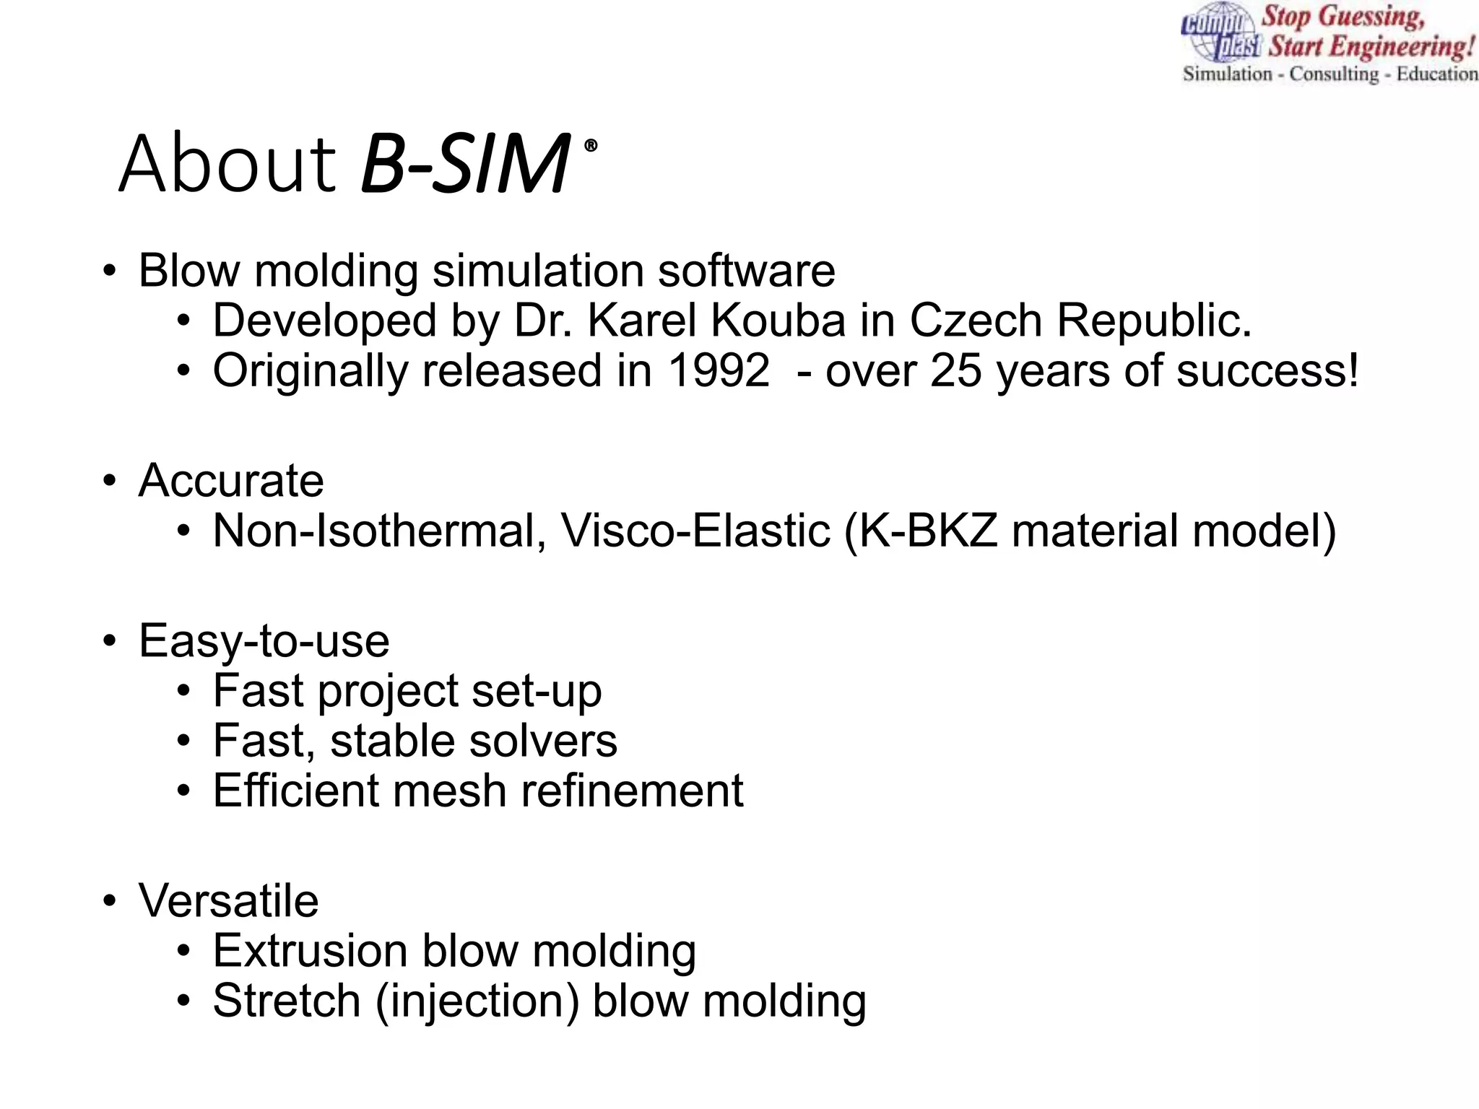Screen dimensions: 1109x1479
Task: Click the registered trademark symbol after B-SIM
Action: [591, 146]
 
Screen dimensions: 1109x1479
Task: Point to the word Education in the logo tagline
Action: [1436, 74]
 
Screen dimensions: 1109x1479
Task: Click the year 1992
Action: [719, 371]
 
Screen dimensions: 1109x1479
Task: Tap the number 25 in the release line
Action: [956, 371]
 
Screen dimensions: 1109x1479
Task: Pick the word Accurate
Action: [231, 481]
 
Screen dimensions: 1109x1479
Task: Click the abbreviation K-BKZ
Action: [928, 531]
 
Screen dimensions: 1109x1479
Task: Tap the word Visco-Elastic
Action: [696, 531]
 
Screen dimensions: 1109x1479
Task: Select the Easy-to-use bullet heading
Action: [264, 641]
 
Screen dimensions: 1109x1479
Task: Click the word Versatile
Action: [228, 901]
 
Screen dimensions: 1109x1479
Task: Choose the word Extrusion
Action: [310, 952]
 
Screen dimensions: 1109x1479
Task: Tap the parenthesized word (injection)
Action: [477, 1002]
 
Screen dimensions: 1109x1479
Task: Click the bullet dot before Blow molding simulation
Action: [109, 272]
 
